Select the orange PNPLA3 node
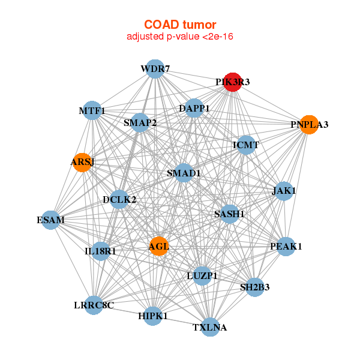click(308, 125)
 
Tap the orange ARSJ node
click(82, 163)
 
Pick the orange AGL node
click(158, 246)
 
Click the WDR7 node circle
click(155, 68)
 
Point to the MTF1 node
click(92, 110)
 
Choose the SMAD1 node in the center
click(184, 173)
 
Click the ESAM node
click(52, 220)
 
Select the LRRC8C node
click(94, 305)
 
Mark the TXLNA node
click(210, 327)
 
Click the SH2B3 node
click(254, 287)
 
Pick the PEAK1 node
click(286, 246)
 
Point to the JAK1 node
click(284, 191)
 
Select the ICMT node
click(246, 145)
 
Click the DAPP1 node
click(194, 109)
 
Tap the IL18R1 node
click(100, 251)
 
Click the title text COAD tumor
click(179, 25)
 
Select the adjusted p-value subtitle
click(179, 37)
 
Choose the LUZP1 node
click(202, 275)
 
